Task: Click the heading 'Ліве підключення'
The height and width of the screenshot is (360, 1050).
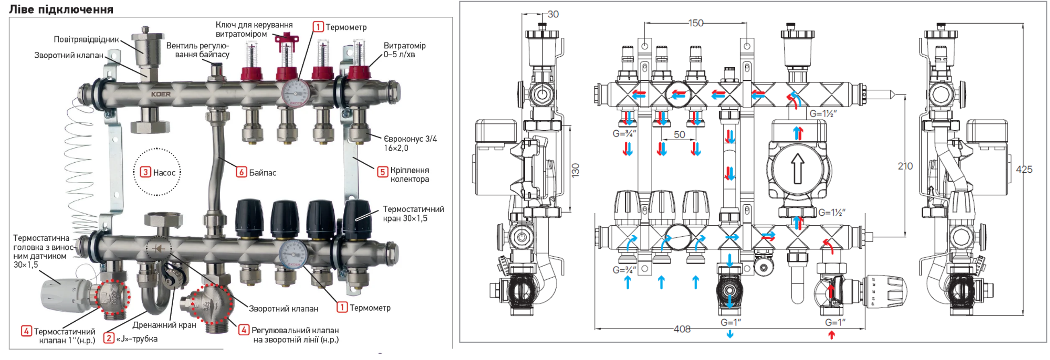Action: click(x=61, y=9)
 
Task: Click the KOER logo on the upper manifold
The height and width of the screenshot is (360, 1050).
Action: click(x=161, y=94)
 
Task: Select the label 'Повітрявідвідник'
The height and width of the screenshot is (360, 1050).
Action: click(x=87, y=39)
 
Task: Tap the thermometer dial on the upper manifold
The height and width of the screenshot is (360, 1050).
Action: click(x=296, y=93)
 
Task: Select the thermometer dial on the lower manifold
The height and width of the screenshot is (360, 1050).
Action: click(x=293, y=254)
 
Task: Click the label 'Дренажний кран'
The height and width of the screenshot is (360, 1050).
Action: click(x=164, y=325)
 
